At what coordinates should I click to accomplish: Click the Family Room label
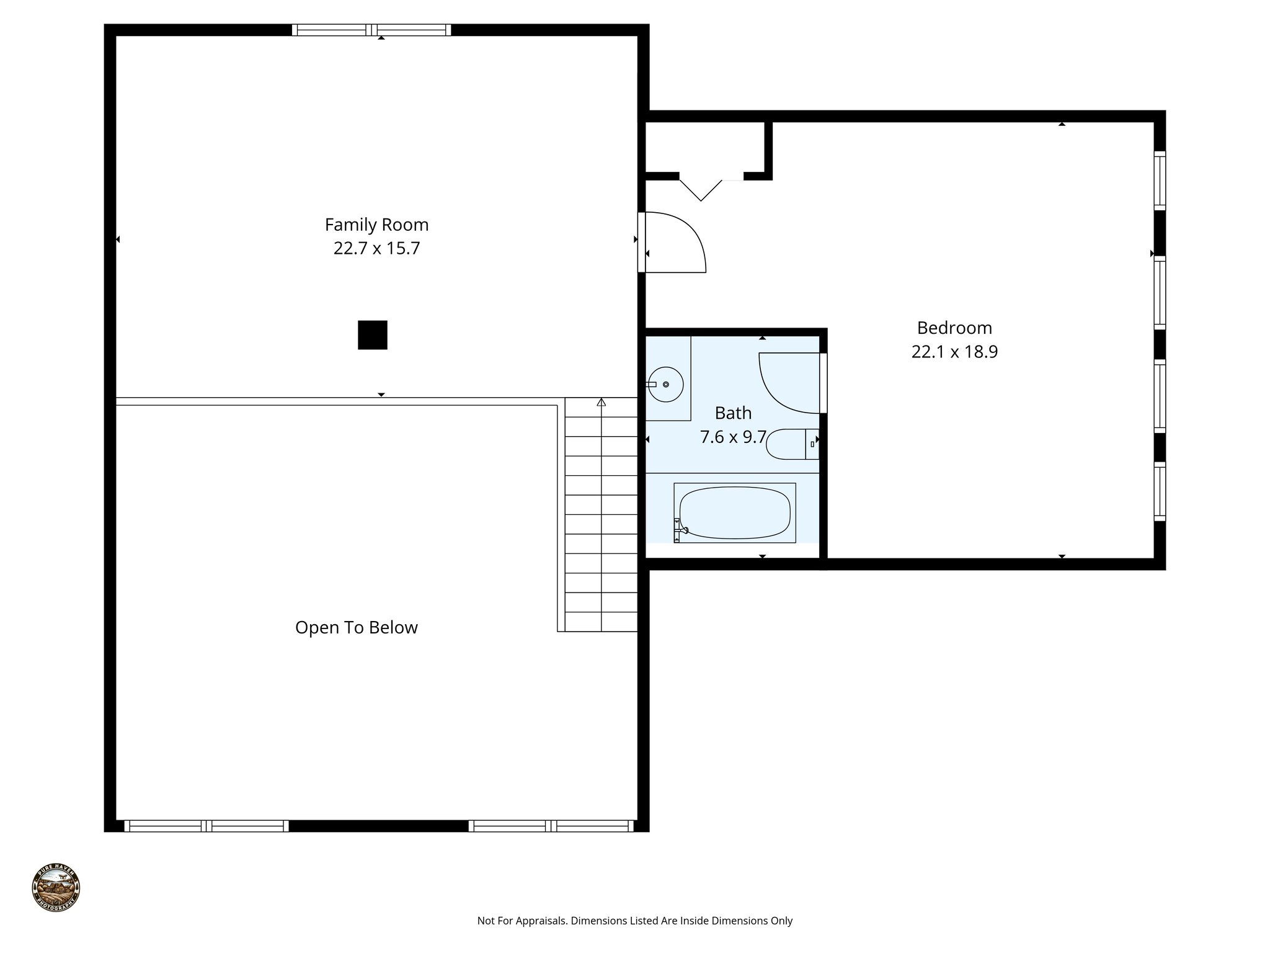tap(376, 225)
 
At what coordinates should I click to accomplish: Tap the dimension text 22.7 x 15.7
tap(376, 248)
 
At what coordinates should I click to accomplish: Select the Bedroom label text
tap(954, 328)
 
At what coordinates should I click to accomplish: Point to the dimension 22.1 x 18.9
tap(954, 352)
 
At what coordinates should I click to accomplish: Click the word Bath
tap(732, 413)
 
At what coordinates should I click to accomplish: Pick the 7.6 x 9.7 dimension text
tap(732, 437)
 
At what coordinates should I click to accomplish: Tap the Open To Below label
tap(356, 627)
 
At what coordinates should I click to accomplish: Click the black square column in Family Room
tap(372, 335)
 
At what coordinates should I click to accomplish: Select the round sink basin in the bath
tap(665, 385)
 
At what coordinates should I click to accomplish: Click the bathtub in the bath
tap(735, 512)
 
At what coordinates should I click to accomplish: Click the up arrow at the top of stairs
tap(601, 403)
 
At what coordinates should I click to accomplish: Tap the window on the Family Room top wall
tap(371, 30)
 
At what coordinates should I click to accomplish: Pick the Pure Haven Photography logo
tap(56, 887)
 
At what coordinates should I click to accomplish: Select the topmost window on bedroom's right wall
tap(1159, 180)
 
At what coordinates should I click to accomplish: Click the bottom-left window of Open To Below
tap(206, 826)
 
